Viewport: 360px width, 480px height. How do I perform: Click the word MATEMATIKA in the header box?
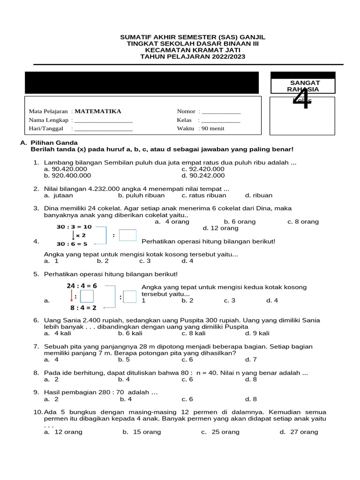(97, 112)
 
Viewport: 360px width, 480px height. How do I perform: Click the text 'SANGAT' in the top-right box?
(305, 82)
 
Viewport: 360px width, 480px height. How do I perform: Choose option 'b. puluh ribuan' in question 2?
(140, 195)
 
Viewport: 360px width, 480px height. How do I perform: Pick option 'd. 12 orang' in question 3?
(220, 228)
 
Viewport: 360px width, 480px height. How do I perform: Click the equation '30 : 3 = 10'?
(74, 226)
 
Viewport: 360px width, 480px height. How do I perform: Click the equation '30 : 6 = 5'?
(72, 244)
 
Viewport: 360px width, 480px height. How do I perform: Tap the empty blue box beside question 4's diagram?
(127, 235)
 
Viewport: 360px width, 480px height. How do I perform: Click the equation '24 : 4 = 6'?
(82, 285)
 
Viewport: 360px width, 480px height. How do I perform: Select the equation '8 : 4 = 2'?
(83, 307)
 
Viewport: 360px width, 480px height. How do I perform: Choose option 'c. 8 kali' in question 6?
(194, 333)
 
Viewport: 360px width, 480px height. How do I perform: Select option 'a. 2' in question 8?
(51, 379)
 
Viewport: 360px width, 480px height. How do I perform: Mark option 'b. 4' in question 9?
(125, 399)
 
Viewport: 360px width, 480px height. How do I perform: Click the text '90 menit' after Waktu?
(213, 128)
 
